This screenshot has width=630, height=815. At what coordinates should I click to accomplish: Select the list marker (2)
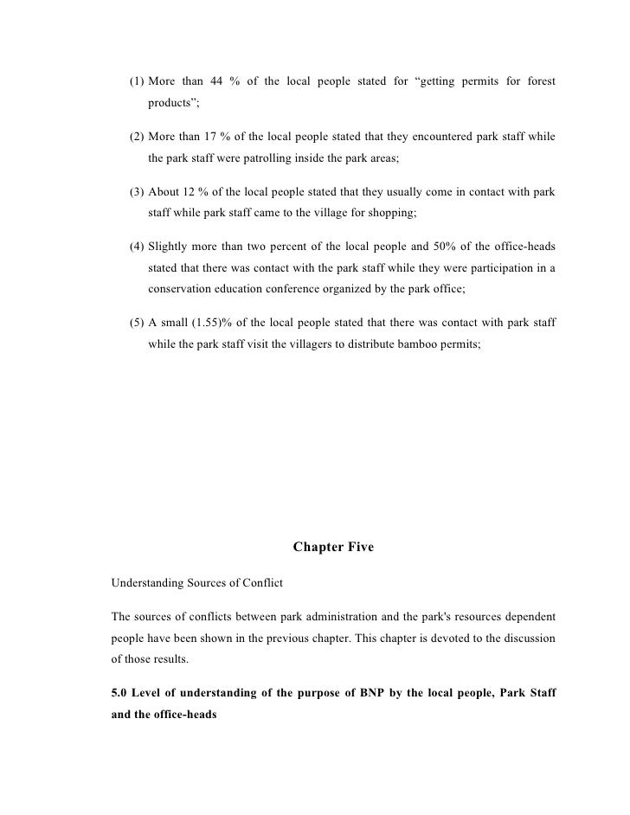pyautogui.click(x=136, y=138)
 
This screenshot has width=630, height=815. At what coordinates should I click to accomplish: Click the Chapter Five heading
pyautogui.click(x=333, y=547)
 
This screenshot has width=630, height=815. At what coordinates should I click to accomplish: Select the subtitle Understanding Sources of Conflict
pyautogui.click(x=196, y=583)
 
